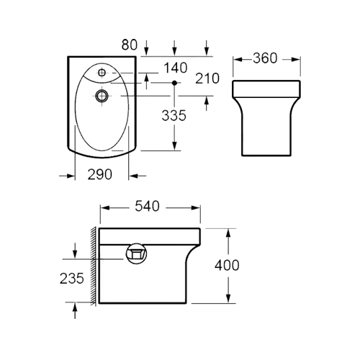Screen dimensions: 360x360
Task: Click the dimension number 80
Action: click(x=130, y=45)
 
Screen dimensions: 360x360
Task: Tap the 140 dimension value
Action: click(x=176, y=68)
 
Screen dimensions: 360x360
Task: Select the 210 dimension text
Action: click(x=207, y=78)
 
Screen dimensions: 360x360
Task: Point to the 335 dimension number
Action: click(x=174, y=115)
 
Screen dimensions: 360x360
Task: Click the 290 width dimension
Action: click(x=100, y=174)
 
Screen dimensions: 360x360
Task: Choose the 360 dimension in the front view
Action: click(x=265, y=58)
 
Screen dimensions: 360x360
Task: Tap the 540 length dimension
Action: click(x=147, y=207)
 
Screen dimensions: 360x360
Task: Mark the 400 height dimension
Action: click(x=227, y=266)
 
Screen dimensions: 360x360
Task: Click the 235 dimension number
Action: click(x=72, y=279)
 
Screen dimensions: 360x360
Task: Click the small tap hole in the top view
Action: click(x=102, y=72)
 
